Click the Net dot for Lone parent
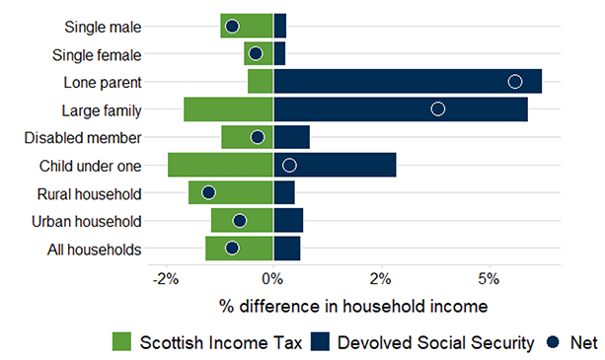tap(514, 81)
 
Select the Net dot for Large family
tap(438, 108)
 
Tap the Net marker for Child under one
tap(289, 165)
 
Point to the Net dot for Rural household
tap(208, 192)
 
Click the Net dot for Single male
tap(232, 26)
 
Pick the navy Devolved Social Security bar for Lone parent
tap(407, 81)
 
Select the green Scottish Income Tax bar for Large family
tap(228, 108)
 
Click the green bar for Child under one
tap(220, 165)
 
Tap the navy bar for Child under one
tap(335, 165)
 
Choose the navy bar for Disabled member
tap(291, 137)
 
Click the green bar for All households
tap(239, 249)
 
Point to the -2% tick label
tap(165, 277)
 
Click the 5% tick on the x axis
tap(488, 277)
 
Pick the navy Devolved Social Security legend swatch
tap(320, 342)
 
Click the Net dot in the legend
tap(555, 342)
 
